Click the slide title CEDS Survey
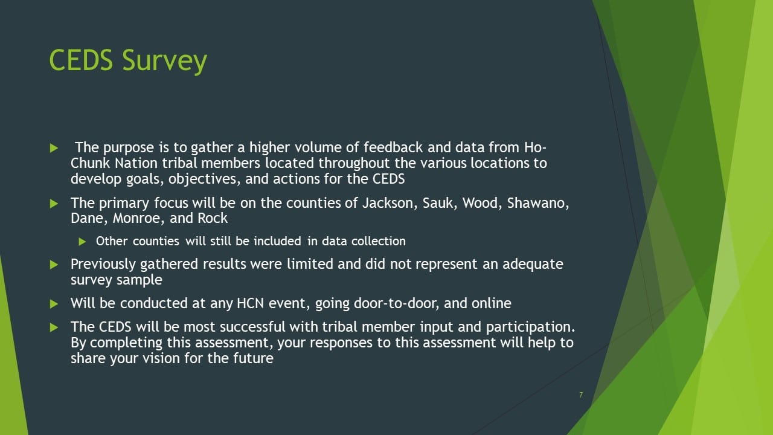click(128, 61)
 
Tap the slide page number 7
click(581, 395)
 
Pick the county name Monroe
click(139, 218)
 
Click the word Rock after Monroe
click(213, 218)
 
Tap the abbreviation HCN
click(250, 303)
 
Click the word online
click(492, 303)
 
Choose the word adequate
click(533, 265)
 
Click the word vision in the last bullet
click(161, 358)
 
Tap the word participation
click(530, 327)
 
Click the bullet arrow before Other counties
click(82, 242)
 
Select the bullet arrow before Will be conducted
click(54, 304)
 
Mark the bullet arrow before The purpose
click(54, 148)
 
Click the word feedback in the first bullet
click(393, 147)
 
